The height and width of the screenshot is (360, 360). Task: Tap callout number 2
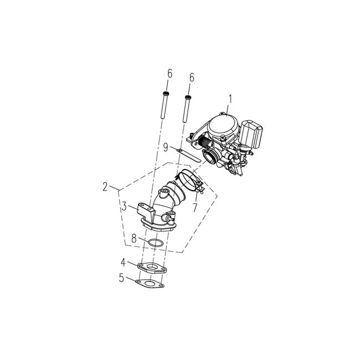click(x=105, y=187)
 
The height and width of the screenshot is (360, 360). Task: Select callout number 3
click(x=125, y=206)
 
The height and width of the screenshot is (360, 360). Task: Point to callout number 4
click(x=124, y=261)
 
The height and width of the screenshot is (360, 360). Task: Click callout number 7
click(x=194, y=208)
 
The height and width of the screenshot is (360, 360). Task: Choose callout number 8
click(x=133, y=239)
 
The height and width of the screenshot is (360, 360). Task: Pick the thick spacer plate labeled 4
click(x=152, y=268)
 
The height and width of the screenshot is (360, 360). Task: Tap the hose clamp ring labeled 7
click(x=188, y=181)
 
